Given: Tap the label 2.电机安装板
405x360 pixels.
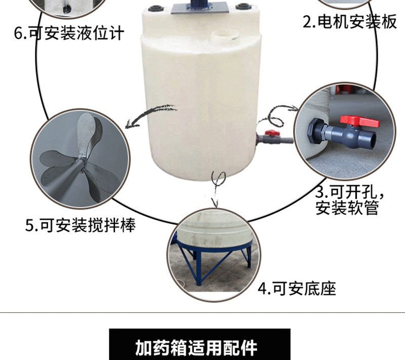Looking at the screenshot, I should coord(349,22).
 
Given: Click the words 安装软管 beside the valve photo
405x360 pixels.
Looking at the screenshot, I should coord(347,208).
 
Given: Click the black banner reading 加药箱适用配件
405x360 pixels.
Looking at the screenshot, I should coord(200,346).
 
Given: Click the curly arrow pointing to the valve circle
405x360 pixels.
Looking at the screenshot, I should coord(278,114).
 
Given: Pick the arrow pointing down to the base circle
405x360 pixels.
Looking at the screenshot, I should coord(218,187).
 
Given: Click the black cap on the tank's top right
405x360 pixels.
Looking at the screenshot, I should coord(244,7).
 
